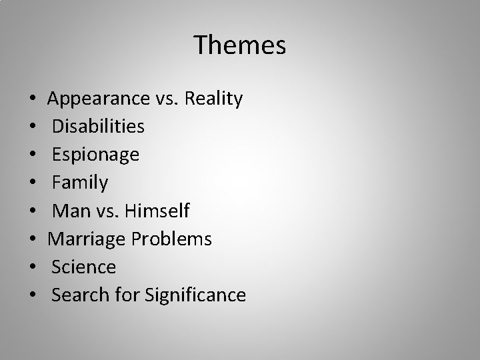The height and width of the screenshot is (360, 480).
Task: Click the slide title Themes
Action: pos(240,45)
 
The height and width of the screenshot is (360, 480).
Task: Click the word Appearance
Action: pos(98,99)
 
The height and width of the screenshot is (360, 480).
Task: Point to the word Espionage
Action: pos(95,155)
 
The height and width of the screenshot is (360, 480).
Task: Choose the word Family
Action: pos(80,183)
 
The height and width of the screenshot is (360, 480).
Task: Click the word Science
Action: pos(84,267)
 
